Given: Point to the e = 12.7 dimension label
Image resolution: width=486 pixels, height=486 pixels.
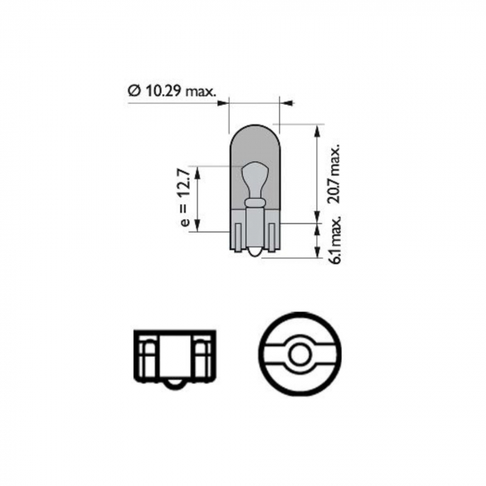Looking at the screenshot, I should tap(185, 198).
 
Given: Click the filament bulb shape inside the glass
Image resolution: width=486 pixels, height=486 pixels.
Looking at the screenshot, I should tap(255, 176).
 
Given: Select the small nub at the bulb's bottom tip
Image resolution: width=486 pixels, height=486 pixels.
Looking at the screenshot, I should tap(255, 255).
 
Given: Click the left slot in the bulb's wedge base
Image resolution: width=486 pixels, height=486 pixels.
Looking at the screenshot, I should tap(238, 237).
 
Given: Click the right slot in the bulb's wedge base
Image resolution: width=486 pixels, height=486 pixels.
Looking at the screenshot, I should tap(271, 237).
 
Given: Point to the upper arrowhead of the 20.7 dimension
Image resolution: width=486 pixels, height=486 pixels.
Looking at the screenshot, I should tap(317, 130).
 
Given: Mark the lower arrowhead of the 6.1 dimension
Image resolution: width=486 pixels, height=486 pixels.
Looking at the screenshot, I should tap(317, 253).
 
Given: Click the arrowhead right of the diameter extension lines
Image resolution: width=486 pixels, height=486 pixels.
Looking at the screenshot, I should tap(288, 103).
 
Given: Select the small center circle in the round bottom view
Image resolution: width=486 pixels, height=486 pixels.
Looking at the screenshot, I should tap(300, 356).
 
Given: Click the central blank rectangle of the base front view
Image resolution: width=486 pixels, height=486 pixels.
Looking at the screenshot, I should tap(173, 358).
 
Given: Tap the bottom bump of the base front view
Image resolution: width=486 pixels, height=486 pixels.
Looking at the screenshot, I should tap(173, 385).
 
